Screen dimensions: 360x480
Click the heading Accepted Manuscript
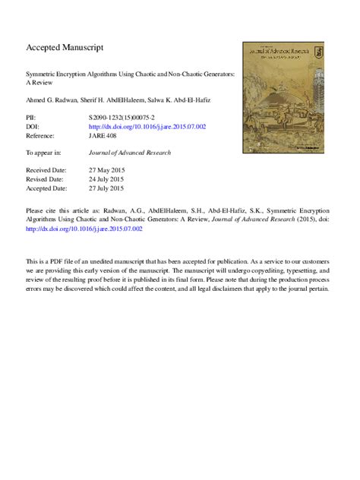pyautogui.click(x=65, y=47)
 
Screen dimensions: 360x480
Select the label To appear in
pyautogui.click(x=43, y=153)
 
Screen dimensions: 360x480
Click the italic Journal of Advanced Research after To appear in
pyautogui.click(x=129, y=153)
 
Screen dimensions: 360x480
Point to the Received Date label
pyautogui.click(x=46, y=170)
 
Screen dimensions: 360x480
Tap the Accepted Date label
pyautogui.click(x=46, y=187)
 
